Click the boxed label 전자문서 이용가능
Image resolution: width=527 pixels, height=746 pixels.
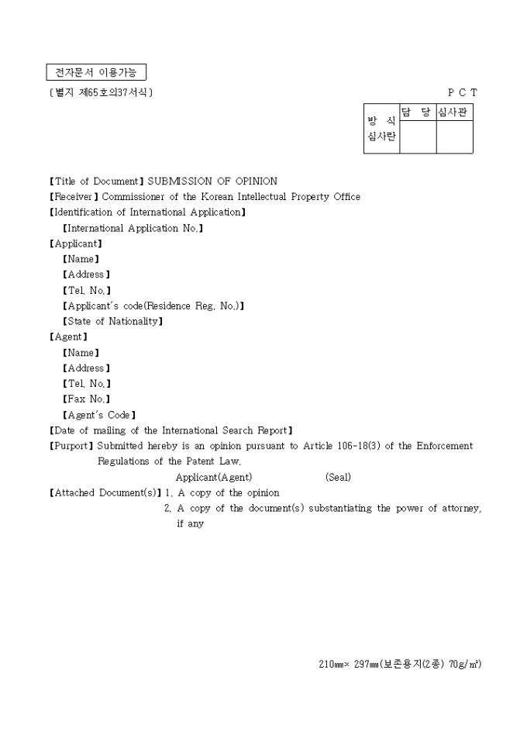pos(96,73)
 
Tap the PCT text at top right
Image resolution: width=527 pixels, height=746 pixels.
pos(463,92)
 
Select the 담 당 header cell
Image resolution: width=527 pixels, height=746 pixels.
pos(418,113)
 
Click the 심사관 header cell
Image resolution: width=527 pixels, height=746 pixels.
pos(454,113)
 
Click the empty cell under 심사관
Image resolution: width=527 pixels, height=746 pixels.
pos(454,137)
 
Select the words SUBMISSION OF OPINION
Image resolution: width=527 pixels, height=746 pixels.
pos(212,181)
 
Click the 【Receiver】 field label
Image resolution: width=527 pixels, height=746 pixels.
pos(74,197)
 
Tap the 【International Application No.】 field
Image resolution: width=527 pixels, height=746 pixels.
pos(133,228)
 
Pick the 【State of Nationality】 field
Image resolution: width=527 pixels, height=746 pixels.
pos(112,321)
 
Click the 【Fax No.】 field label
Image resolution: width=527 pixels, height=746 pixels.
pos(86,399)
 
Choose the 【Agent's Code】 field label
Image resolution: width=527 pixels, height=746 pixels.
pos(98,415)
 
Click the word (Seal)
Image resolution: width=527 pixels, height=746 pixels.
pos(338,477)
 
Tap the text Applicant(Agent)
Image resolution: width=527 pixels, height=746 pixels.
pos(213,477)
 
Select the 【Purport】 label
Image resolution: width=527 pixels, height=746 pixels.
pos(71,446)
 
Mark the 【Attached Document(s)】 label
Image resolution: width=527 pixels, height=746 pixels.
pos(105,493)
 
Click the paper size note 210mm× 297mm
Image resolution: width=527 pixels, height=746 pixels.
pos(349,664)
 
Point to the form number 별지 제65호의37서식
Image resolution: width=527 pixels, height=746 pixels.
pos(101,93)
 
